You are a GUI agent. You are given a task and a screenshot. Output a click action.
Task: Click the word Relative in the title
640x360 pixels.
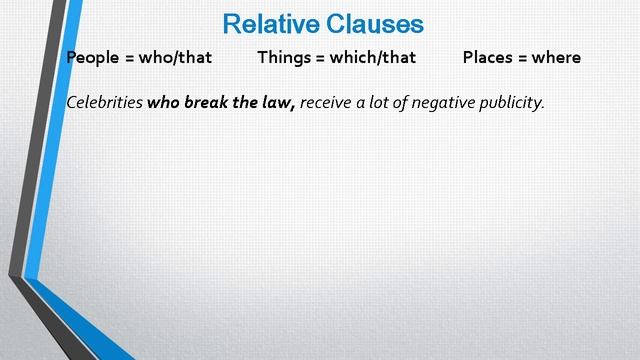click(x=269, y=23)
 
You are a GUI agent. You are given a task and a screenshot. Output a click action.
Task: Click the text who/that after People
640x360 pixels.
click(x=177, y=57)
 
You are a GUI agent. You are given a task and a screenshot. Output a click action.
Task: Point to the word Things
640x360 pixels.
click(x=284, y=57)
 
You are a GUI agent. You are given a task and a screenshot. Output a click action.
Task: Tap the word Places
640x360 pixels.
click(x=489, y=57)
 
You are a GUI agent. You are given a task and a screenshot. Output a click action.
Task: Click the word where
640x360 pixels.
click(x=556, y=57)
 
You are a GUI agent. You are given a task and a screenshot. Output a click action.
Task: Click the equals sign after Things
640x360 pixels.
click(x=321, y=57)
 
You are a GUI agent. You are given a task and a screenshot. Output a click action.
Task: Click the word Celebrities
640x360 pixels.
click(x=103, y=102)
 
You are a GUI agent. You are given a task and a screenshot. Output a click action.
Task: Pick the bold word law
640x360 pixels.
click(x=279, y=102)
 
